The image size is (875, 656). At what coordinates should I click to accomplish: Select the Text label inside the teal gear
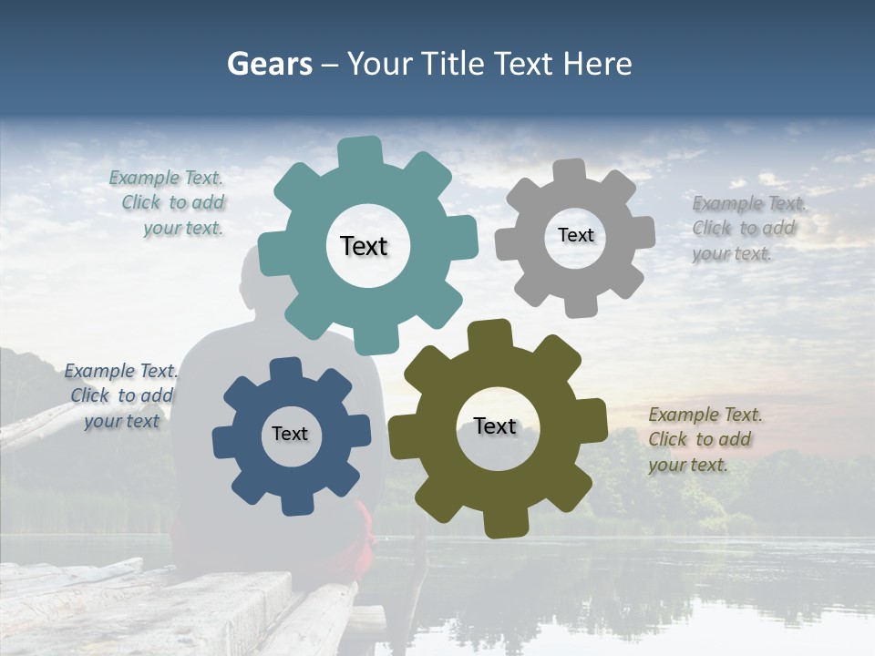(x=364, y=246)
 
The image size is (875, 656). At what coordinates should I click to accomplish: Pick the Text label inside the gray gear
(x=575, y=235)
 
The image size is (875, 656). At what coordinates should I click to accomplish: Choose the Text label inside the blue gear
(x=290, y=434)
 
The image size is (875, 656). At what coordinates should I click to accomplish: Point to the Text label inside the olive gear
(x=495, y=425)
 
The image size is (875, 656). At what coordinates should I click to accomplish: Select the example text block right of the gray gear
(x=747, y=228)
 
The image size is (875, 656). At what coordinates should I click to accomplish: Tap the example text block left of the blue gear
(x=121, y=395)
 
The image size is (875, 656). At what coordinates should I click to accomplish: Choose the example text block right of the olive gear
(x=705, y=439)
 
